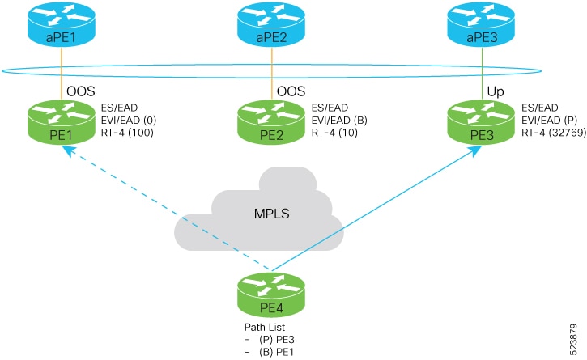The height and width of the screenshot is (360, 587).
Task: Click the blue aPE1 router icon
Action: [x=61, y=23]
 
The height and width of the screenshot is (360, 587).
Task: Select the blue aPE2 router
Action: [x=271, y=23]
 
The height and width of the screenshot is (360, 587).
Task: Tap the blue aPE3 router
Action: [x=482, y=23]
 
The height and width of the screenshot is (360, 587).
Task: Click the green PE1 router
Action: [x=61, y=122]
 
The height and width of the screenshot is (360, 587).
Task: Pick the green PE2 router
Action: [x=271, y=122]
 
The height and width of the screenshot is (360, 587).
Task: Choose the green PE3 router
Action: [x=482, y=122]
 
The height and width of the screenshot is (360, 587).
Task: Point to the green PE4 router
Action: [x=271, y=295]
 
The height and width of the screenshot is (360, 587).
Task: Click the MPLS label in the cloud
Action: [x=272, y=214]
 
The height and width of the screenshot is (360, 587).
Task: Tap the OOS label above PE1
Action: [x=81, y=91]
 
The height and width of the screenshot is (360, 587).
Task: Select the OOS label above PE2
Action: [x=291, y=91]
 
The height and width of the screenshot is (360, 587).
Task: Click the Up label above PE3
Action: [x=496, y=91]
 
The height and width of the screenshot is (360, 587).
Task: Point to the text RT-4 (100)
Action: [x=127, y=133]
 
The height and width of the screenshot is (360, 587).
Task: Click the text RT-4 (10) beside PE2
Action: [x=334, y=133]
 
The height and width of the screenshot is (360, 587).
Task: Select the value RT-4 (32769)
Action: [x=554, y=133]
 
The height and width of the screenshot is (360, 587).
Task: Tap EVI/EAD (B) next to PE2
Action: [x=339, y=120]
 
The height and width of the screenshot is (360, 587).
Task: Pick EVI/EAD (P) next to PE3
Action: [x=550, y=120]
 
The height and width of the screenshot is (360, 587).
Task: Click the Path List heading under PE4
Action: [x=265, y=327]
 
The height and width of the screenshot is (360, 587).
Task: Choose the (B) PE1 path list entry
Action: [x=276, y=352]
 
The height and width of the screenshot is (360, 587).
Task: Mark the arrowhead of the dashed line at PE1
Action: [x=67, y=150]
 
